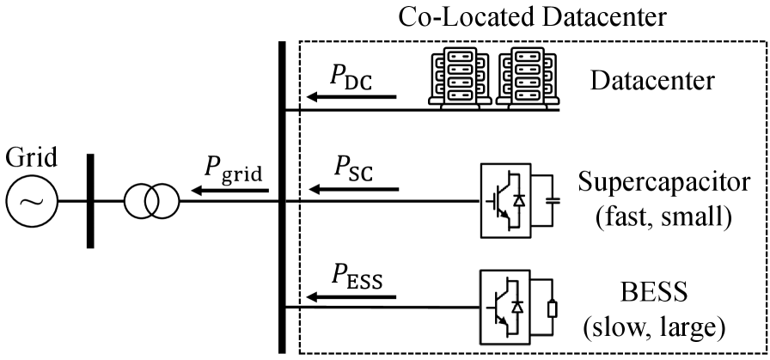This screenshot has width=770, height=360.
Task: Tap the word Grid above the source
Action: [32, 160]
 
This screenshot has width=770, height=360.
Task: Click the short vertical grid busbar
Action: [90, 200]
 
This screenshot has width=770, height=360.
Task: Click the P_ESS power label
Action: [356, 277]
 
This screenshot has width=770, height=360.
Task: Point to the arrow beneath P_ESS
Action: [351, 297]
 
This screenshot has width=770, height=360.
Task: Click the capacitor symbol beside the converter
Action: [550, 200]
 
